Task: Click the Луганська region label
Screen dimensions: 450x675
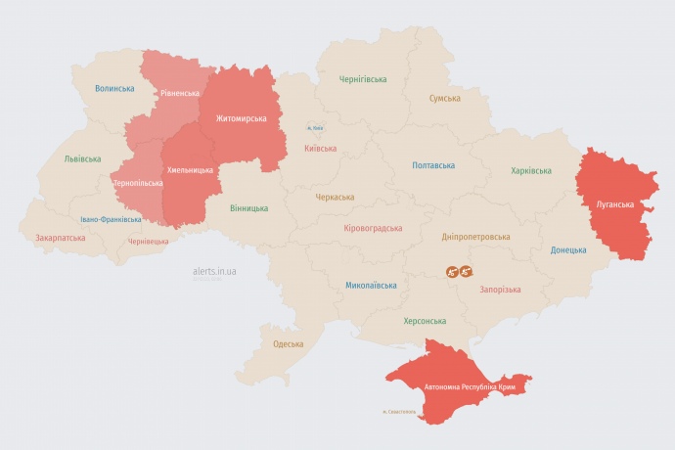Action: pos(614,204)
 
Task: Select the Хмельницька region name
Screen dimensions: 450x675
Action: pos(190,169)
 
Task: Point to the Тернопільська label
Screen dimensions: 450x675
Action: pos(137,183)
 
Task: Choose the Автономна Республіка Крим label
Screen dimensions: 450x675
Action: pos(470,387)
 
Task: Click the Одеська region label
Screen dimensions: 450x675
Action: pos(288,343)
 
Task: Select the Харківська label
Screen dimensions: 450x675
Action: pos(530,170)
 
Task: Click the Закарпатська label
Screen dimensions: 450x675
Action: pos(59,238)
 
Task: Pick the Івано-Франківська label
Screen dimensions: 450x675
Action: pos(111,219)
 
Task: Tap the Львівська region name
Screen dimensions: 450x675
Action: pos(82,157)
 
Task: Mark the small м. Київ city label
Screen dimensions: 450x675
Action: pos(315,128)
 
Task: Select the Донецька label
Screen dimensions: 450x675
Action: pos(567,249)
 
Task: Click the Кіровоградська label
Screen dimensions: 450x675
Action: pos(373,228)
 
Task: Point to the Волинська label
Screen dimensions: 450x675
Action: pos(114,88)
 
